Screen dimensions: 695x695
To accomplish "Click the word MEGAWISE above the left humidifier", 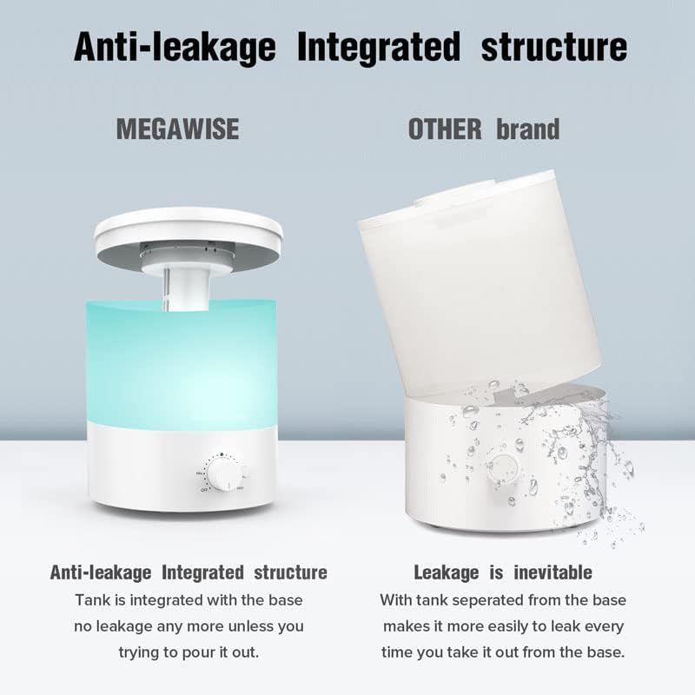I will click(x=177, y=129).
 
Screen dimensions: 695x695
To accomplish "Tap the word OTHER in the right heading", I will click(x=444, y=129).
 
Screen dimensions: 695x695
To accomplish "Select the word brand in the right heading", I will click(x=528, y=129).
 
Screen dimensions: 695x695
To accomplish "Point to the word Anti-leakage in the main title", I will click(x=176, y=46).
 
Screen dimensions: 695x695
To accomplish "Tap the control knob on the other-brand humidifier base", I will click(x=500, y=467).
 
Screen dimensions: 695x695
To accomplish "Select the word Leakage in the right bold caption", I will click(x=446, y=572).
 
